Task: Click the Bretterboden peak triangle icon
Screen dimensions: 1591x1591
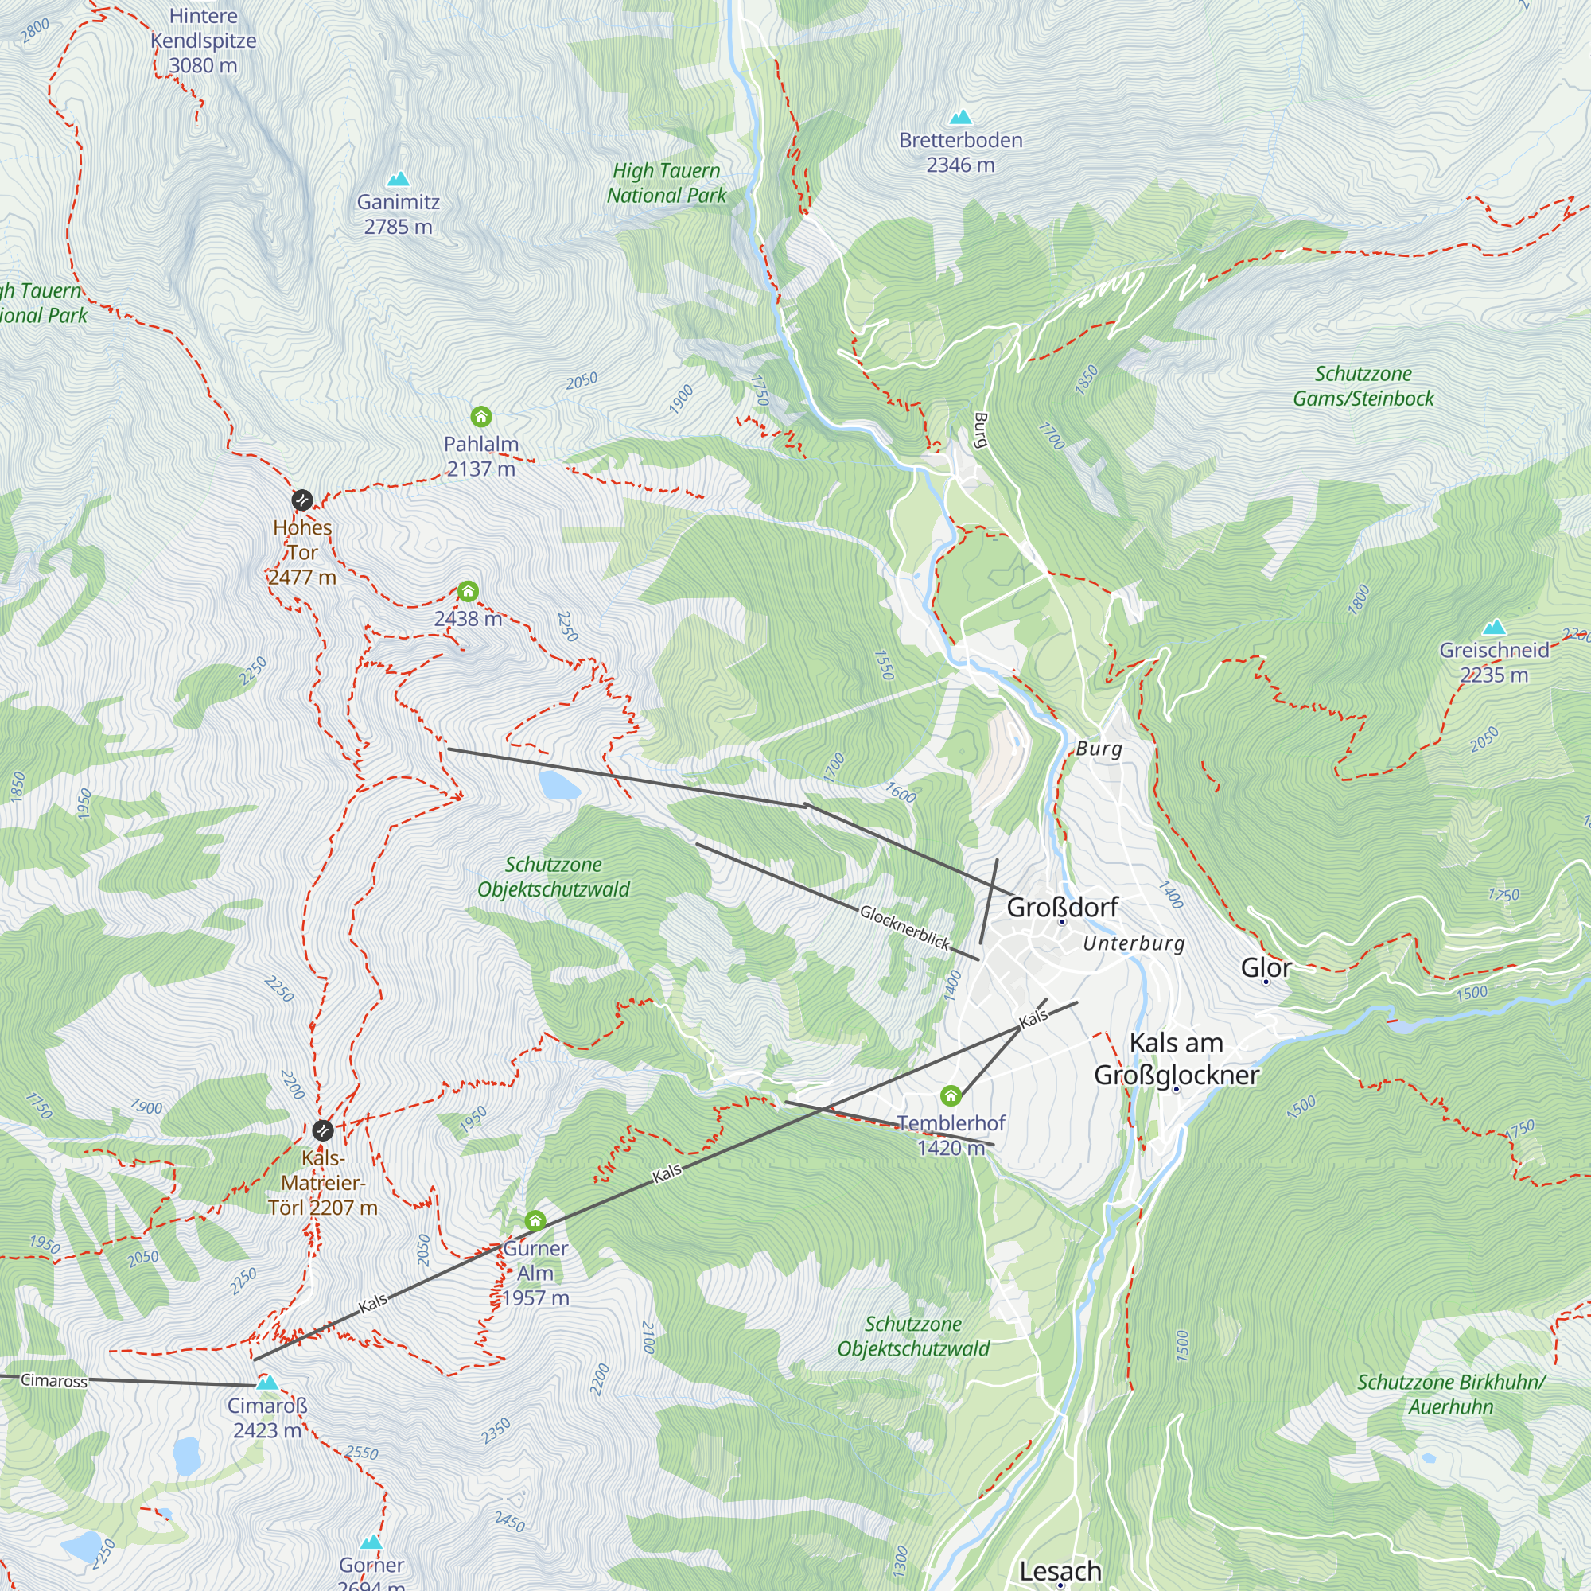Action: point(960,118)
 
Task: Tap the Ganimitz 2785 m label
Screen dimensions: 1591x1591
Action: point(398,214)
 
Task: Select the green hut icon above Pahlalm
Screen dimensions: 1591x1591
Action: point(481,417)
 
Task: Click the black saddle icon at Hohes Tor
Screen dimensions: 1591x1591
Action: point(302,500)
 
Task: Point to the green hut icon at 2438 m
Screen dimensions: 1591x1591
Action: point(468,591)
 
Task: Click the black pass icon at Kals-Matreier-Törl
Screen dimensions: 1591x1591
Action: point(323,1129)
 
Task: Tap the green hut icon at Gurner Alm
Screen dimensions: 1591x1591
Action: point(535,1220)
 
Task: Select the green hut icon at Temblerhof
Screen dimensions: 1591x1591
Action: point(951,1095)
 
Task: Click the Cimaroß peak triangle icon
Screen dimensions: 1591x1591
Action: point(266,1383)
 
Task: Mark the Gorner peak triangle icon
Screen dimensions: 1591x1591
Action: point(371,1542)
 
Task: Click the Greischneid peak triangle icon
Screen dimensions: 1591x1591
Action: point(1494,628)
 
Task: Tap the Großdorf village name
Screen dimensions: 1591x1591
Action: point(1062,908)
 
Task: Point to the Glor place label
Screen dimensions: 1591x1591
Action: point(1266,967)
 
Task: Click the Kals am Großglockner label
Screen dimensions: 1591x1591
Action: point(1176,1059)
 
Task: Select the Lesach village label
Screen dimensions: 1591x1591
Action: point(1060,1571)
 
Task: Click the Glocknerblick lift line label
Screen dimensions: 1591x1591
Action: point(904,928)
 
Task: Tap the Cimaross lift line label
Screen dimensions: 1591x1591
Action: point(53,1381)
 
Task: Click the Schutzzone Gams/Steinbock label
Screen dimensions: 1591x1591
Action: point(1363,387)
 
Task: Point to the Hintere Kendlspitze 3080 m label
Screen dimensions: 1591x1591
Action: point(204,41)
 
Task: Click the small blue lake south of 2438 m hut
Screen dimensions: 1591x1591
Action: point(560,786)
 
